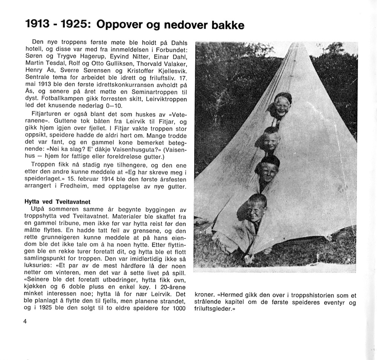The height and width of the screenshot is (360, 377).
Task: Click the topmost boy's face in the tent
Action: pyautogui.click(x=281, y=106)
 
